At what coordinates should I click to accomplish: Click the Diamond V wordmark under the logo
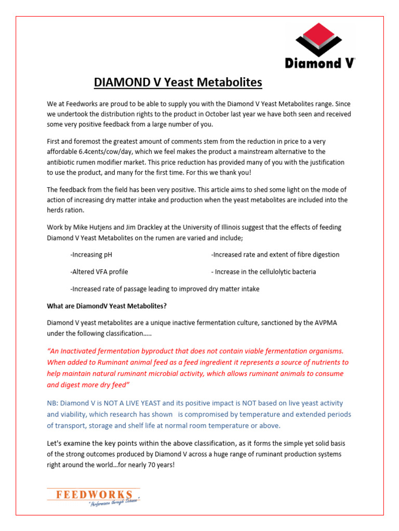(320, 63)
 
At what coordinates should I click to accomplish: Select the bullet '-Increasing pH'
(91, 255)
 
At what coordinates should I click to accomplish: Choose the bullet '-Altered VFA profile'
(99, 272)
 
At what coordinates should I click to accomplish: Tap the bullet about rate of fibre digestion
(275, 255)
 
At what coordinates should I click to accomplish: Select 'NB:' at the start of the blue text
(53, 403)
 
